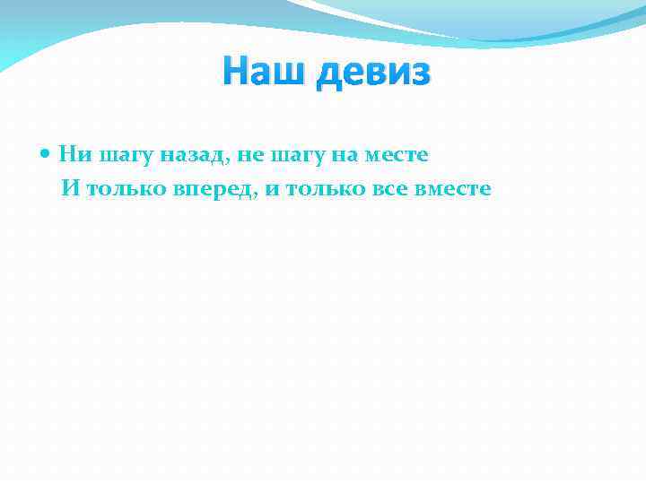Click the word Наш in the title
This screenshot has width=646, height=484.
pos(259,69)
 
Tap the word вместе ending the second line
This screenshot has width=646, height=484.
pos(453,191)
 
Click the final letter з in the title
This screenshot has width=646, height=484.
pos(420,72)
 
